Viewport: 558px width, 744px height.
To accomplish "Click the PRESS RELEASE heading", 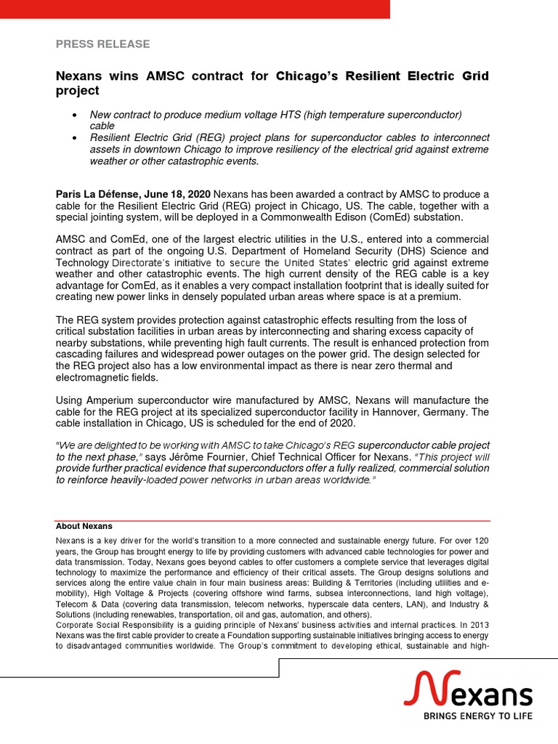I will [x=102, y=44].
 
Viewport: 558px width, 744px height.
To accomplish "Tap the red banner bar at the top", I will [x=195, y=9].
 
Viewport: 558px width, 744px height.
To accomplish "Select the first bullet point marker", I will [x=76, y=116].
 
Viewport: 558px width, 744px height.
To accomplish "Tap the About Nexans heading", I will [x=84, y=526].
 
